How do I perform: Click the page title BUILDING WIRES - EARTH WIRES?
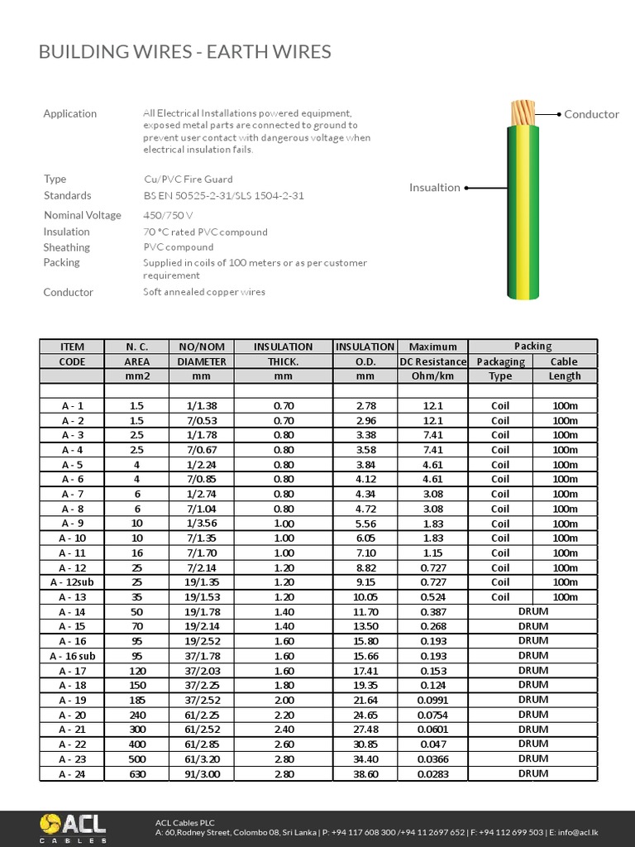click(185, 52)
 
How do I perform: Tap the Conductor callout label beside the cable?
click(591, 114)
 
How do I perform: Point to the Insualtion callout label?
click(434, 188)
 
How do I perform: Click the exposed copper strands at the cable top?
click(523, 112)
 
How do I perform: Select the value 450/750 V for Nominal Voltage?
click(168, 215)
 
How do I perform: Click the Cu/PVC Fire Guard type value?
click(188, 179)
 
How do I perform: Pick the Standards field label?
click(67, 195)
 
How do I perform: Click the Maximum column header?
click(432, 347)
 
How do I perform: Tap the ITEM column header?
click(72, 347)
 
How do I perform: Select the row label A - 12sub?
click(72, 582)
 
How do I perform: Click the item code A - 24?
click(72, 774)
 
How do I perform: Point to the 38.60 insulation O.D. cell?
click(365, 774)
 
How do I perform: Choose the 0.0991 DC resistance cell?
click(432, 700)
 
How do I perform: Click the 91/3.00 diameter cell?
click(202, 774)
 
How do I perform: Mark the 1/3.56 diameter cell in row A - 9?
click(202, 524)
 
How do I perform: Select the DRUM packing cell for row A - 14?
click(532, 611)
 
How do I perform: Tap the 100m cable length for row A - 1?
click(565, 405)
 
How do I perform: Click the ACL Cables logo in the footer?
click(73, 828)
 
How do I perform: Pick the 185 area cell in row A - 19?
click(136, 700)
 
